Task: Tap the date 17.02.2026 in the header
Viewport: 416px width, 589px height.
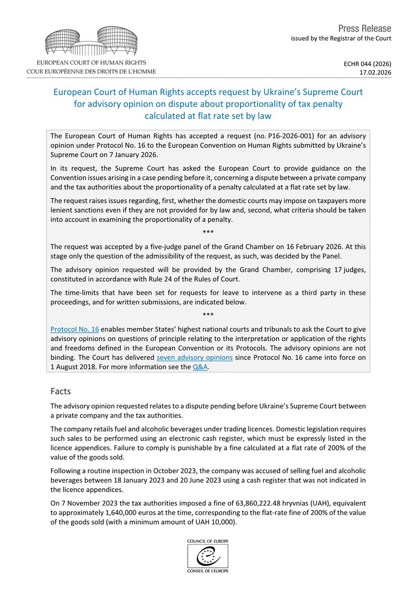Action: click(x=375, y=72)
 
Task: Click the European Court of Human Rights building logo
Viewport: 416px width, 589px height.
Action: click(x=91, y=41)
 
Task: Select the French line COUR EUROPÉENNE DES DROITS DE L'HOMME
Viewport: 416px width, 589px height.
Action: click(x=92, y=71)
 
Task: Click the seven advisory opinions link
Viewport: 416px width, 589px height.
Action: click(x=194, y=357)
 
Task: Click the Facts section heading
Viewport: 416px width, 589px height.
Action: click(x=61, y=391)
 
